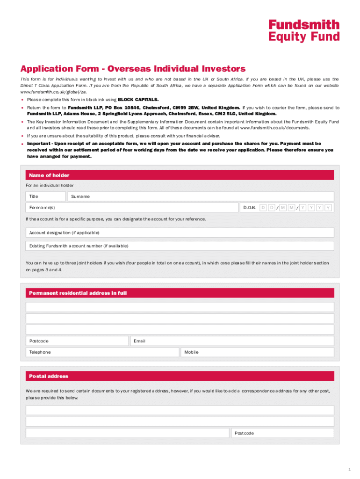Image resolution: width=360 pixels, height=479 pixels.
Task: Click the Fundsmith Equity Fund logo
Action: coord(303,31)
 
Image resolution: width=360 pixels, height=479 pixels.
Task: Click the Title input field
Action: coord(46,196)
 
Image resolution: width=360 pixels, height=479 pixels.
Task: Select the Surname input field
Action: coord(201,196)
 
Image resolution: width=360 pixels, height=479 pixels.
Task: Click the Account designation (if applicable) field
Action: coord(180,232)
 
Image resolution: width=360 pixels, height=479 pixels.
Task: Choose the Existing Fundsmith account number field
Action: coord(180,246)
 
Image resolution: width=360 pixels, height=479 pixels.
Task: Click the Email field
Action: coord(232,341)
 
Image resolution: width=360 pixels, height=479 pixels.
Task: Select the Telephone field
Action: coord(102,352)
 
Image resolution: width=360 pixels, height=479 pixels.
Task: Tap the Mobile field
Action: coord(258,352)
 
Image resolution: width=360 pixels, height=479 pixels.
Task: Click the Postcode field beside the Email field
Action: coord(77,341)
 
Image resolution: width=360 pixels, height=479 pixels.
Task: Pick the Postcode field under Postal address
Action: coord(282,433)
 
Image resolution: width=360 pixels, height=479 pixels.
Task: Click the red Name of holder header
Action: coord(180,175)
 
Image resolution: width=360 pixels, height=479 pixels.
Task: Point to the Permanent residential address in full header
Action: coord(180,293)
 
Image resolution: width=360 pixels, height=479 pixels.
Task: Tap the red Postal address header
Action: coord(180,376)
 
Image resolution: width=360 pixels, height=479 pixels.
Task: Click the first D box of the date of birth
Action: coord(263,207)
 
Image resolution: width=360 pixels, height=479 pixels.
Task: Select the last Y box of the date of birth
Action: coord(328,207)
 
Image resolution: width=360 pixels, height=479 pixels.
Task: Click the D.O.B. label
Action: coord(250,207)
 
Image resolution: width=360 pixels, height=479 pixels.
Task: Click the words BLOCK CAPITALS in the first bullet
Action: coord(138,100)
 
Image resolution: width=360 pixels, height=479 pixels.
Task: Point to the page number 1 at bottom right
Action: coord(349,469)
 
